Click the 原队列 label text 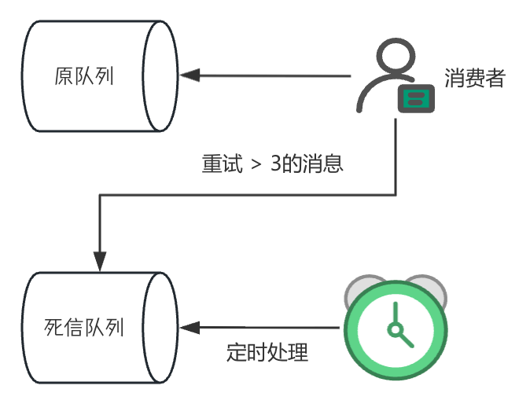coord(84,76)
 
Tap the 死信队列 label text coord(84,326)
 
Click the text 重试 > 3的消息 coord(273,166)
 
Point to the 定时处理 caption coord(267,351)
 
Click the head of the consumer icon coord(392,58)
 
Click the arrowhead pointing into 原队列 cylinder coord(189,76)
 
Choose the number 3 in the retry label coord(275,166)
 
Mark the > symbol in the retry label coord(254,167)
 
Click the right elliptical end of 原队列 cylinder coord(160,76)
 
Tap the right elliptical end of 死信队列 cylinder coord(160,327)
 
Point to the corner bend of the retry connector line coord(100,195)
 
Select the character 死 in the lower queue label coord(53,326)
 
